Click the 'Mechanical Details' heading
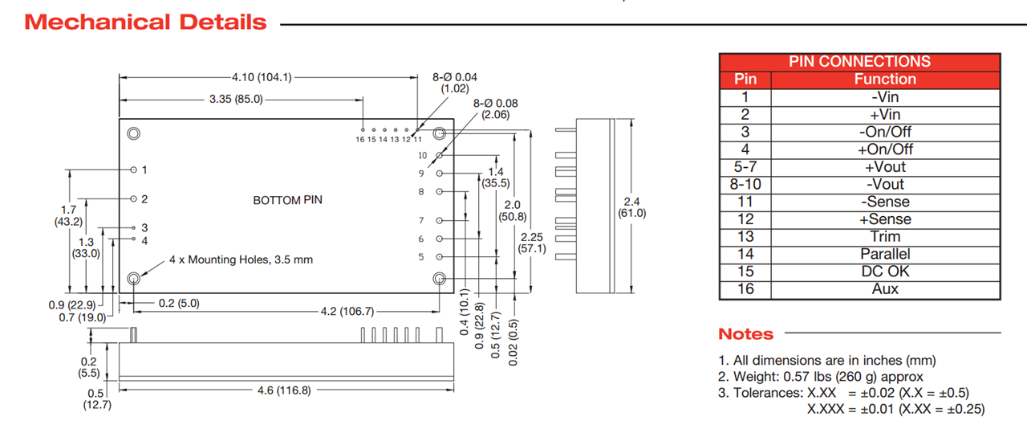[145, 22]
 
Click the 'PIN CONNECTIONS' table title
[859, 62]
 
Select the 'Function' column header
[885, 79]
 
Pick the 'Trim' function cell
[885, 236]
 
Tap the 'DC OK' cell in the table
[885, 272]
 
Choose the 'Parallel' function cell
[885, 254]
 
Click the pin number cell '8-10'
[745, 184]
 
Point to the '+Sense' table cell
[885, 219]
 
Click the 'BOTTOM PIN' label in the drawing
[287, 200]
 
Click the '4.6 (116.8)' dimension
[283, 390]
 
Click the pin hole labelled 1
[134, 170]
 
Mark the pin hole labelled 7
[439, 220]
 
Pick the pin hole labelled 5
[439, 257]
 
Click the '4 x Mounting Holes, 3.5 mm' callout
[241, 260]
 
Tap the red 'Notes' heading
[745, 334]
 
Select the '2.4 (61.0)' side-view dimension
[631, 207]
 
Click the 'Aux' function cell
[885, 289]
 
